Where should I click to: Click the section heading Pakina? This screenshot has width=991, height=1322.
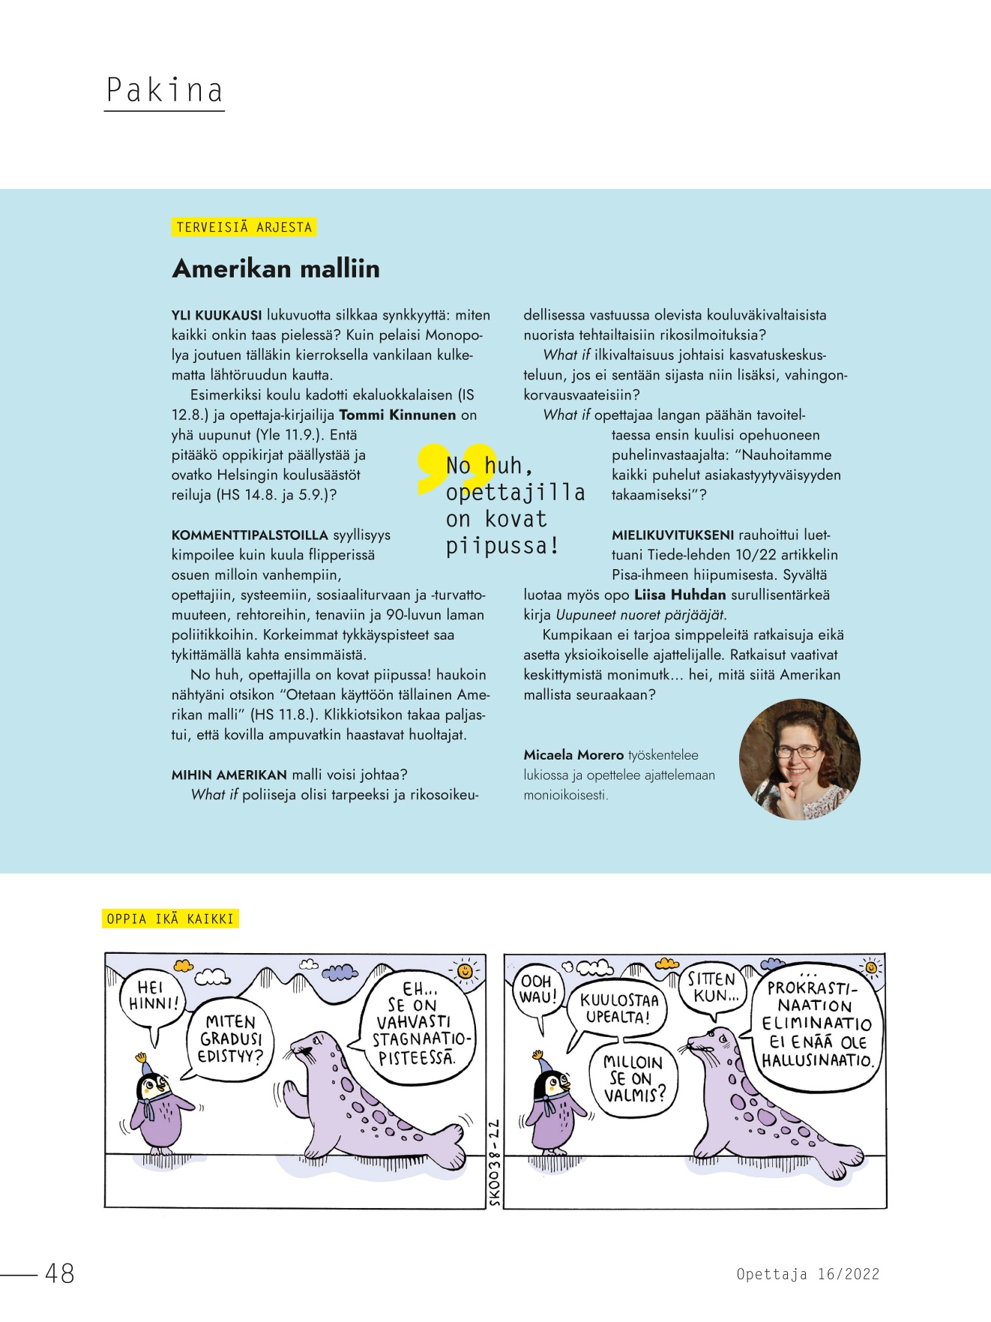[164, 90]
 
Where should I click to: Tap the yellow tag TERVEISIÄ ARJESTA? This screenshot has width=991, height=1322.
[244, 227]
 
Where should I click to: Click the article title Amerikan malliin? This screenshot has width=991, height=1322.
[276, 268]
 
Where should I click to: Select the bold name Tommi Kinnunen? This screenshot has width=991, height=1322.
[397, 415]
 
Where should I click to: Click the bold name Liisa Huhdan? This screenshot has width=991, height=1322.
[680, 595]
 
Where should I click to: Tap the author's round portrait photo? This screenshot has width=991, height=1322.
[799, 759]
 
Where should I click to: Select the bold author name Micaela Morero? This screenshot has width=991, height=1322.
[573, 755]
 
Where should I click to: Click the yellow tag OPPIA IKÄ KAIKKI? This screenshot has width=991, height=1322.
[170, 919]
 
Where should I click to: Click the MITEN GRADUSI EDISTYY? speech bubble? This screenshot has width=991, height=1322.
[230, 1039]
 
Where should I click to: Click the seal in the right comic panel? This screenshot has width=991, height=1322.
[757, 1102]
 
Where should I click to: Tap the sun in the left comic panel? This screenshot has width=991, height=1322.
[466, 970]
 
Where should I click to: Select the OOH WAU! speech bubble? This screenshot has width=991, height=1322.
[537, 990]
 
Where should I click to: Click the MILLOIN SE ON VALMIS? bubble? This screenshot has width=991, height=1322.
[634, 1079]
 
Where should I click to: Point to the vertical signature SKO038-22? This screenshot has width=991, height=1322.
[495, 1162]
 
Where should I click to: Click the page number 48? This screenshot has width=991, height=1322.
[60, 1273]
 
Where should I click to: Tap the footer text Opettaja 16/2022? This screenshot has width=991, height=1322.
[807, 1274]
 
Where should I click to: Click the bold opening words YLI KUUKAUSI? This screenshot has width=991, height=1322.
[217, 315]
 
